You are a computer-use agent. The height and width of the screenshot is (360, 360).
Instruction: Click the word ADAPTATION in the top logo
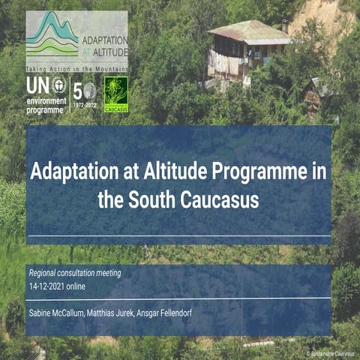point(104,37)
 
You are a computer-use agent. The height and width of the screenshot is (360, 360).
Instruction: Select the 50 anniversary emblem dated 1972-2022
point(85,94)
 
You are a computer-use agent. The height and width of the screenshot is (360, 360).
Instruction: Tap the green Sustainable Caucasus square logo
point(115,94)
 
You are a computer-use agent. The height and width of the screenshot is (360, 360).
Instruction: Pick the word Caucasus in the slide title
point(218,200)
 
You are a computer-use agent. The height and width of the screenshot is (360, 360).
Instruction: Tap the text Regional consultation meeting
point(74,273)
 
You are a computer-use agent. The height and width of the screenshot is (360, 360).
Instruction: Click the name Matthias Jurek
point(124,311)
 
